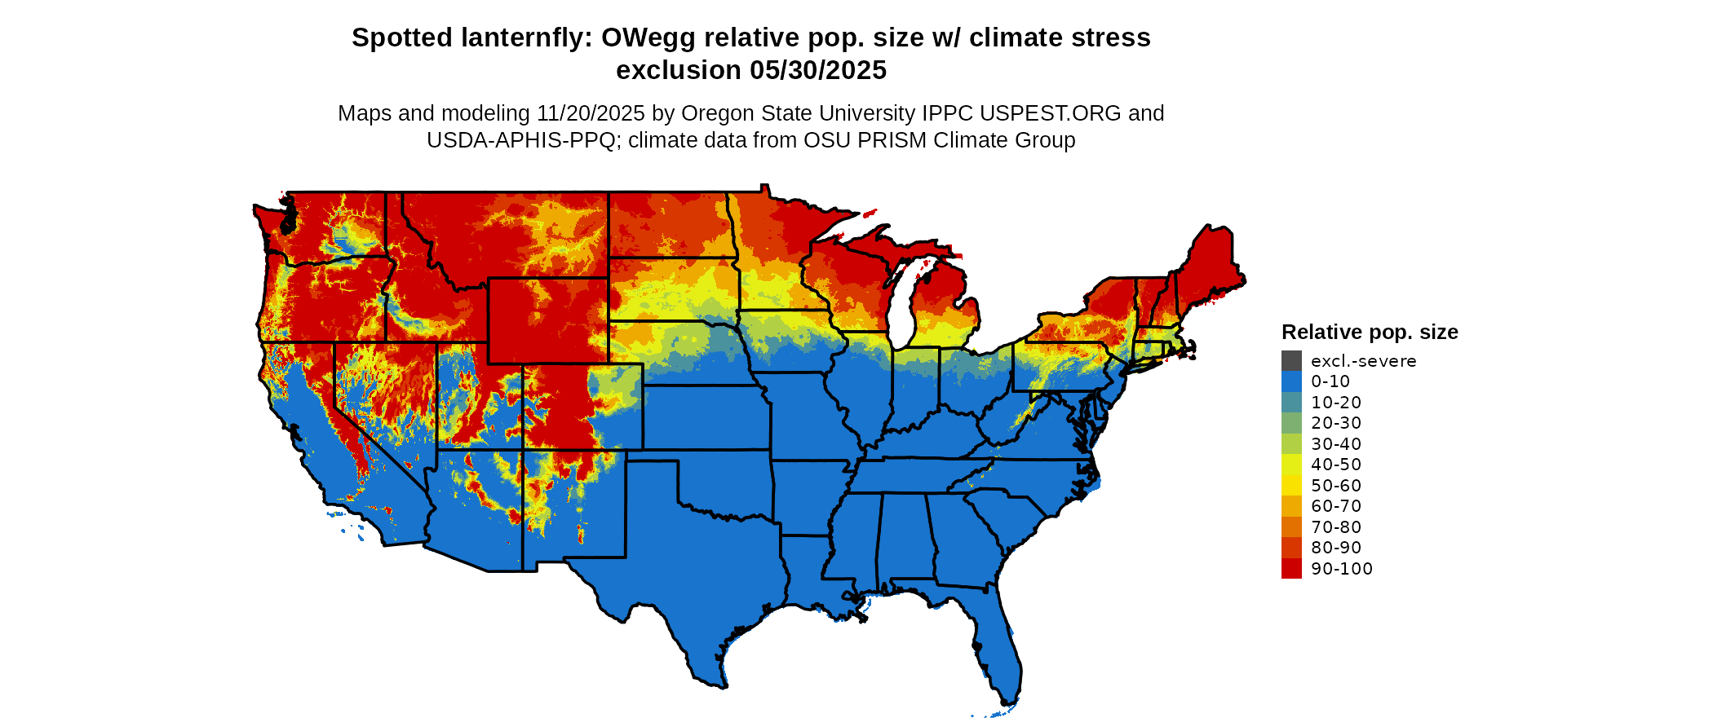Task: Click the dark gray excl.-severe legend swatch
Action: click(x=1291, y=361)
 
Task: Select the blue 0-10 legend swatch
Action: click(x=1291, y=381)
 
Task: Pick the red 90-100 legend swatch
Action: click(x=1291, y=569)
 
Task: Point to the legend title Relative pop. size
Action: click(x=1370, y=332)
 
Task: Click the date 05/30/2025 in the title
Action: click(x=818, y=70)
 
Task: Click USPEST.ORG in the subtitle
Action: click(x=1051, y=113)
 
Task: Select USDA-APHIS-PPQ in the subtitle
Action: click(x=520, y=140)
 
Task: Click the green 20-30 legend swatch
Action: click(x=1291, y=423)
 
